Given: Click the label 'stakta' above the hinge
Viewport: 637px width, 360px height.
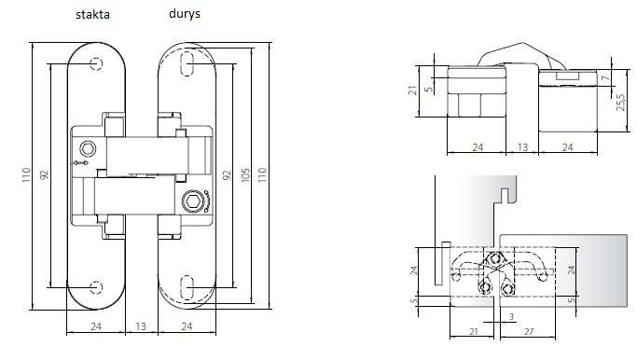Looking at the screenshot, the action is pyautogui.click(x=92, y=15).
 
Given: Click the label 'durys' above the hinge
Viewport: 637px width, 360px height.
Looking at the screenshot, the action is pyautogui.click(x=185, y=14).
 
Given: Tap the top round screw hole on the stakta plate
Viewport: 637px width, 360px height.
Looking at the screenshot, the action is pyautogui.click(x=96, y=63).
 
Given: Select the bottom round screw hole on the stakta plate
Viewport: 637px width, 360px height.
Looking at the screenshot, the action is pyautogui.click(x=96, y=287).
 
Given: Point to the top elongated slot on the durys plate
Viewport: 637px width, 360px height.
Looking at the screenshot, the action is pyautogui.click(x=187, y=63).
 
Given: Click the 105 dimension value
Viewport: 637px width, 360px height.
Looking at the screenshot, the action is pyautogui.click(x=245, y=175).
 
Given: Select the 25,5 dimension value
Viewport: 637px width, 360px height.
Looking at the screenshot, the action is pyautogui.click(x=621, y=103).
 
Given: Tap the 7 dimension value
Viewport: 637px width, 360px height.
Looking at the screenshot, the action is pyautogui.click(x=606, y=77).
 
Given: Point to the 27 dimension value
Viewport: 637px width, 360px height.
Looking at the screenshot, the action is pyautogui.click(x=529, y=332).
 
